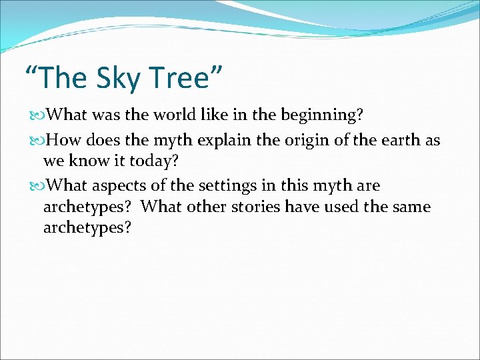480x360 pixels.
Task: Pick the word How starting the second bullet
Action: pyautogui.click(x=63, y=140)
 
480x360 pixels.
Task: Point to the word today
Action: pyautogui.click(x=155, y=161)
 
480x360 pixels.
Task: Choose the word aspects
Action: pyautogui.click(x=120, y=185)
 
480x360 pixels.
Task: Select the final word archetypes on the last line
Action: pyautogui.click(x=87, y=228)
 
